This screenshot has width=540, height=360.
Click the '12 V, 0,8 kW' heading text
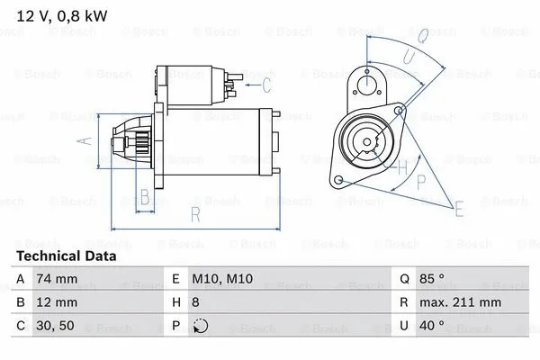[x=62, y=16]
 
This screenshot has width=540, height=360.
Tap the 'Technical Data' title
[x=67, y=256]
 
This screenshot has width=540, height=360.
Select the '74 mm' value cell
[x=57, y=278]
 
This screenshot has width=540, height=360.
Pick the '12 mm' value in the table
[x=57, y=302]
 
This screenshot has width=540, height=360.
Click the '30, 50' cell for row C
[x=55, y=326]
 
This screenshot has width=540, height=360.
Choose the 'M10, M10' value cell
[x=222, y=278]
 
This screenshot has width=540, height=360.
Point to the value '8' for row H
[x=195, y=302]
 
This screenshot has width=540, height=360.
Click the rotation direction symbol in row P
[x=201, y=326]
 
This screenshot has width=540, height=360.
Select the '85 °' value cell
[x=432, y=278]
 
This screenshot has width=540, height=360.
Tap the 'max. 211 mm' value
[x=460, y=302]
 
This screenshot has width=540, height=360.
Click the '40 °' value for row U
[x=432, y=326]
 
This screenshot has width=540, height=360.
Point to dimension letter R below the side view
[x=195, y=214]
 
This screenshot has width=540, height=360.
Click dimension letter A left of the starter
[x=85, y=141]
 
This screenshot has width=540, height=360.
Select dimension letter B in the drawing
[x=145, y=197]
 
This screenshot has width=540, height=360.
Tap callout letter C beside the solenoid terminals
[x=266, y=85]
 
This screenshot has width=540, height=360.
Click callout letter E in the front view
[x=459, y=209]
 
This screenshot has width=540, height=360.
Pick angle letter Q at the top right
[x=424, y=35]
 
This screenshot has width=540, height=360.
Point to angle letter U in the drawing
[x=409, y=56]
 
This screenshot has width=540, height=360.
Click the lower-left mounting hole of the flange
[x=338, y=179]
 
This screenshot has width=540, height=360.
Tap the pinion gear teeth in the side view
[x=142, y=142]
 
